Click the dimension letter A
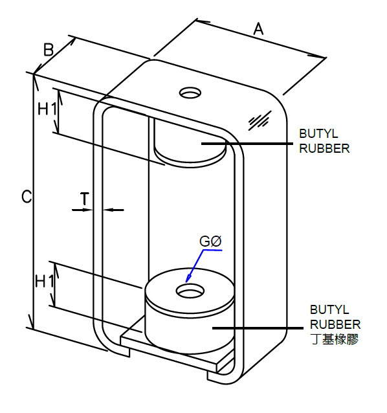click(258, 28)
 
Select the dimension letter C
click(27, 197)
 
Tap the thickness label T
click(85, 199)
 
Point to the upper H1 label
click(47, 109)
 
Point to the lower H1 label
click(45, 282)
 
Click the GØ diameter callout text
click(210, 241)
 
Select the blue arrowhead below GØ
click(188, 278)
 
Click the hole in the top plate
click(190, 93)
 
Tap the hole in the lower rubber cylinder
click(190, 291)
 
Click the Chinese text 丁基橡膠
click(335, 339)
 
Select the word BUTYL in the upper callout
click(318, 133)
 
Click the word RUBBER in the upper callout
click(324, 148)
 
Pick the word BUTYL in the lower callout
click(329, 309)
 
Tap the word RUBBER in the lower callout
click(335, 324)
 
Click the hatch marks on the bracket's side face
click(260, 120)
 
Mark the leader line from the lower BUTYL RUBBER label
click(258, 328)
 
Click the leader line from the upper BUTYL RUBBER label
click(247, 144)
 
